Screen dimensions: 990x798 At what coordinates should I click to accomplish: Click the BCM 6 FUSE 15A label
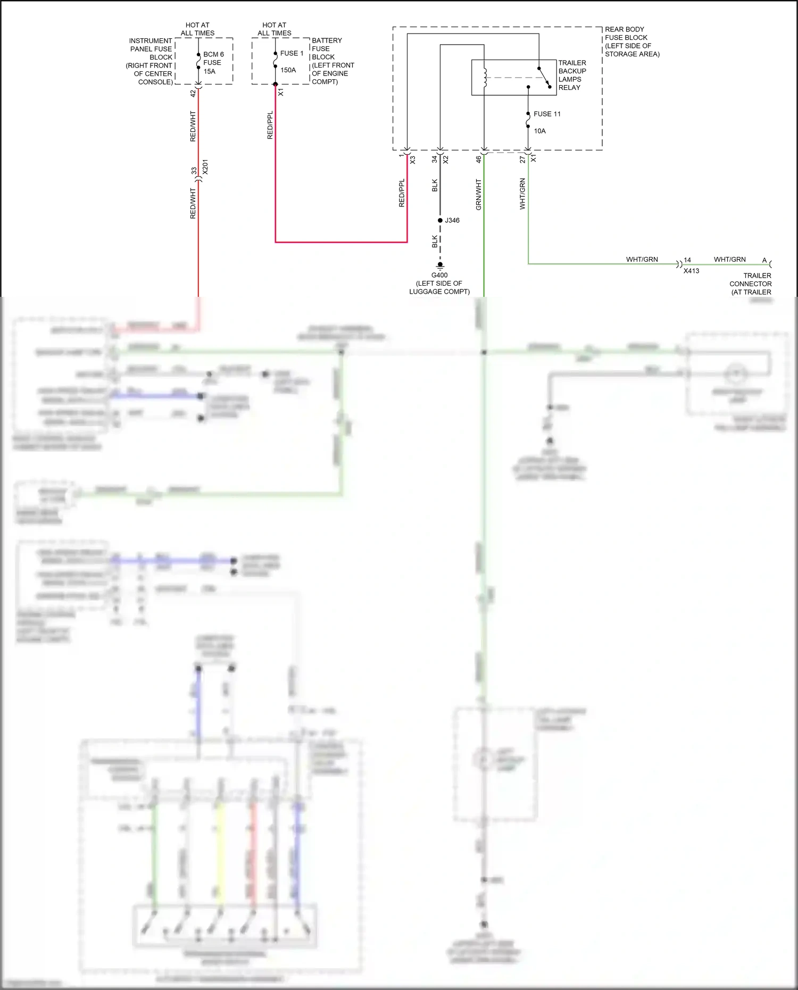(213, 63)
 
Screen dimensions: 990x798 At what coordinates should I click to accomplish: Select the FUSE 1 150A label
(292, 61)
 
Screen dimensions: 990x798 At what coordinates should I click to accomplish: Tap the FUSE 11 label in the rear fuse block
(547, 114)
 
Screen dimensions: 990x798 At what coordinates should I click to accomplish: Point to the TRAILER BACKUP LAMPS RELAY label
(572, 75)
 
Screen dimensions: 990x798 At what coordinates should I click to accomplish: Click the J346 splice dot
(440, 220)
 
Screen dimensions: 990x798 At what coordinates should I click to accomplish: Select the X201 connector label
(205, 167)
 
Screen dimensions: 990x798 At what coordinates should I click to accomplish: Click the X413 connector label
(691, 271)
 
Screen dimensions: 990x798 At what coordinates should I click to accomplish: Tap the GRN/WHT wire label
(478, 194)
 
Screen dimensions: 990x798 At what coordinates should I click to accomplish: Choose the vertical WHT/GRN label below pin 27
(522, 194)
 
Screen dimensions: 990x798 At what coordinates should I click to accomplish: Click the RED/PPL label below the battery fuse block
(270, 126)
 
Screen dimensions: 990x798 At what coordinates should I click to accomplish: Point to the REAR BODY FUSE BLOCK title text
(631, 41)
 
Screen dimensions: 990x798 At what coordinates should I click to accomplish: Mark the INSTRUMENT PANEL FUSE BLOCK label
(149, 61)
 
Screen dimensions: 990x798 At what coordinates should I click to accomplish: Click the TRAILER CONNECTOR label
(751, 284)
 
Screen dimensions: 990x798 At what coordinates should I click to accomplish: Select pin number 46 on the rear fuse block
(478, 159)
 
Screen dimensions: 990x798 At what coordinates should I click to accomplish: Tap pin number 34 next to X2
(435, 159)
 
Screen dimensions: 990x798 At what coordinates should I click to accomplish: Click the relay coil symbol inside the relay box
(485, 78)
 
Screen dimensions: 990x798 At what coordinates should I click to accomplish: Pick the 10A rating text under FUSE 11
(539, 131)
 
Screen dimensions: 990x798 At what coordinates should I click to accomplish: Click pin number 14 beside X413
(687, 260)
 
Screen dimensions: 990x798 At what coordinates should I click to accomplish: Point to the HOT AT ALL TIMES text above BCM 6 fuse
(197, 29)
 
